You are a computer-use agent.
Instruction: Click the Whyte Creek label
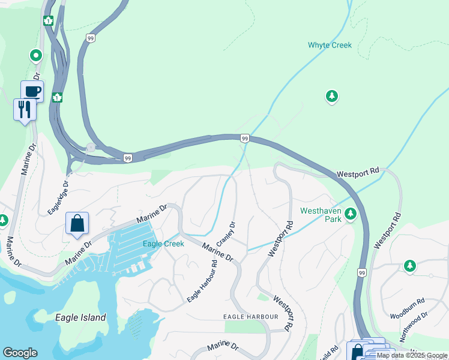coord(330,45)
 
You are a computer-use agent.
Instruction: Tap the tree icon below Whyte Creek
coord(331,96)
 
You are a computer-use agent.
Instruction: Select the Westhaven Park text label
coord(321,215)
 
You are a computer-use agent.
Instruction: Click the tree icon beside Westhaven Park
coord(350,214)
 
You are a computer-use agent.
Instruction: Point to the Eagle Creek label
coord(163,244)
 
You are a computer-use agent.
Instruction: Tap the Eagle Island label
coord(80,317)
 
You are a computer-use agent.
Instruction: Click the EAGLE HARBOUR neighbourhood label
coord(250,316)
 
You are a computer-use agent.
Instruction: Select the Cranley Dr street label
coord(226,233)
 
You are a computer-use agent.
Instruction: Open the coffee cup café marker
coord(32,91)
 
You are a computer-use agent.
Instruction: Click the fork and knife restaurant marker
coord(25,109)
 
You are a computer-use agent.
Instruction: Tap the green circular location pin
coord(36,56)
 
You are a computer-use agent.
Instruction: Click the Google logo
coord(20,353)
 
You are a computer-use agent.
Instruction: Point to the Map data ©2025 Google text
coord(412,355)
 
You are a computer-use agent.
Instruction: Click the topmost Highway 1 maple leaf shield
coord(48,21)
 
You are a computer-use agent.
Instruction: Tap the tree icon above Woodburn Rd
coord(410,265)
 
